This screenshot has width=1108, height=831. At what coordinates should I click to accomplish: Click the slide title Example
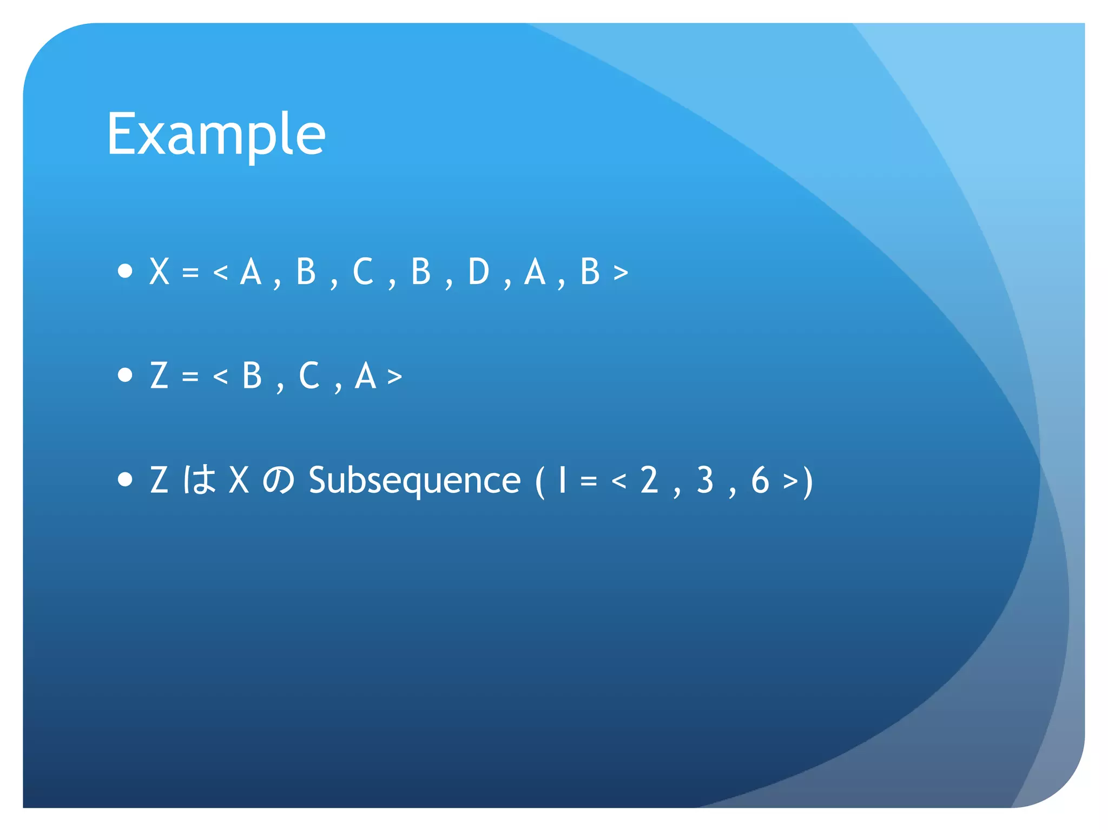(216, 134)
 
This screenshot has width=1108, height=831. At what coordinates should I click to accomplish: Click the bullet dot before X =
(125, 271)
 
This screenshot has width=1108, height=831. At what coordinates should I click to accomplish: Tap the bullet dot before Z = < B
(125, 375)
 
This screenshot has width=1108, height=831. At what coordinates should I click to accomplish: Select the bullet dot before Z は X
(125, 479)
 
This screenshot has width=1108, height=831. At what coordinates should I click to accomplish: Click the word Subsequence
(414, 480)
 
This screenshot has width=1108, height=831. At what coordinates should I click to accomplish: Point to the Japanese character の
(279, 480)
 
